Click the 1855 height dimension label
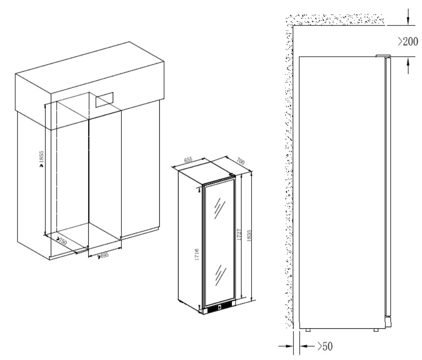[x=41, y=157]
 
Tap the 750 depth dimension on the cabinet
[x=62, y=241]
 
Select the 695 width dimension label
[x=104, y=255]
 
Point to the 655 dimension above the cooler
[x=188, y=160]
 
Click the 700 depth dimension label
[x=240, y=161]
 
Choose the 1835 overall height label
[x=248, y=236]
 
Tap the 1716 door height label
[x=197, y=254]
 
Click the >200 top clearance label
[x=408, y=41]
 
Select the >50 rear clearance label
[x=325, y=346]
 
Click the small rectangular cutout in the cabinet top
[x=103, y=99]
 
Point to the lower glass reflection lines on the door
[x=220, y=275]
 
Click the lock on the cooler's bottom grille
[x=219, y=307]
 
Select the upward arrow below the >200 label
[x=408, y=65]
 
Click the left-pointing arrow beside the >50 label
[x=307, y=346]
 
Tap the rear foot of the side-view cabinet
[x=308, y=330]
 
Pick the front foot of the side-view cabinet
[x=376, y=330]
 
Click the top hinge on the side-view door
[x=383, y=56]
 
